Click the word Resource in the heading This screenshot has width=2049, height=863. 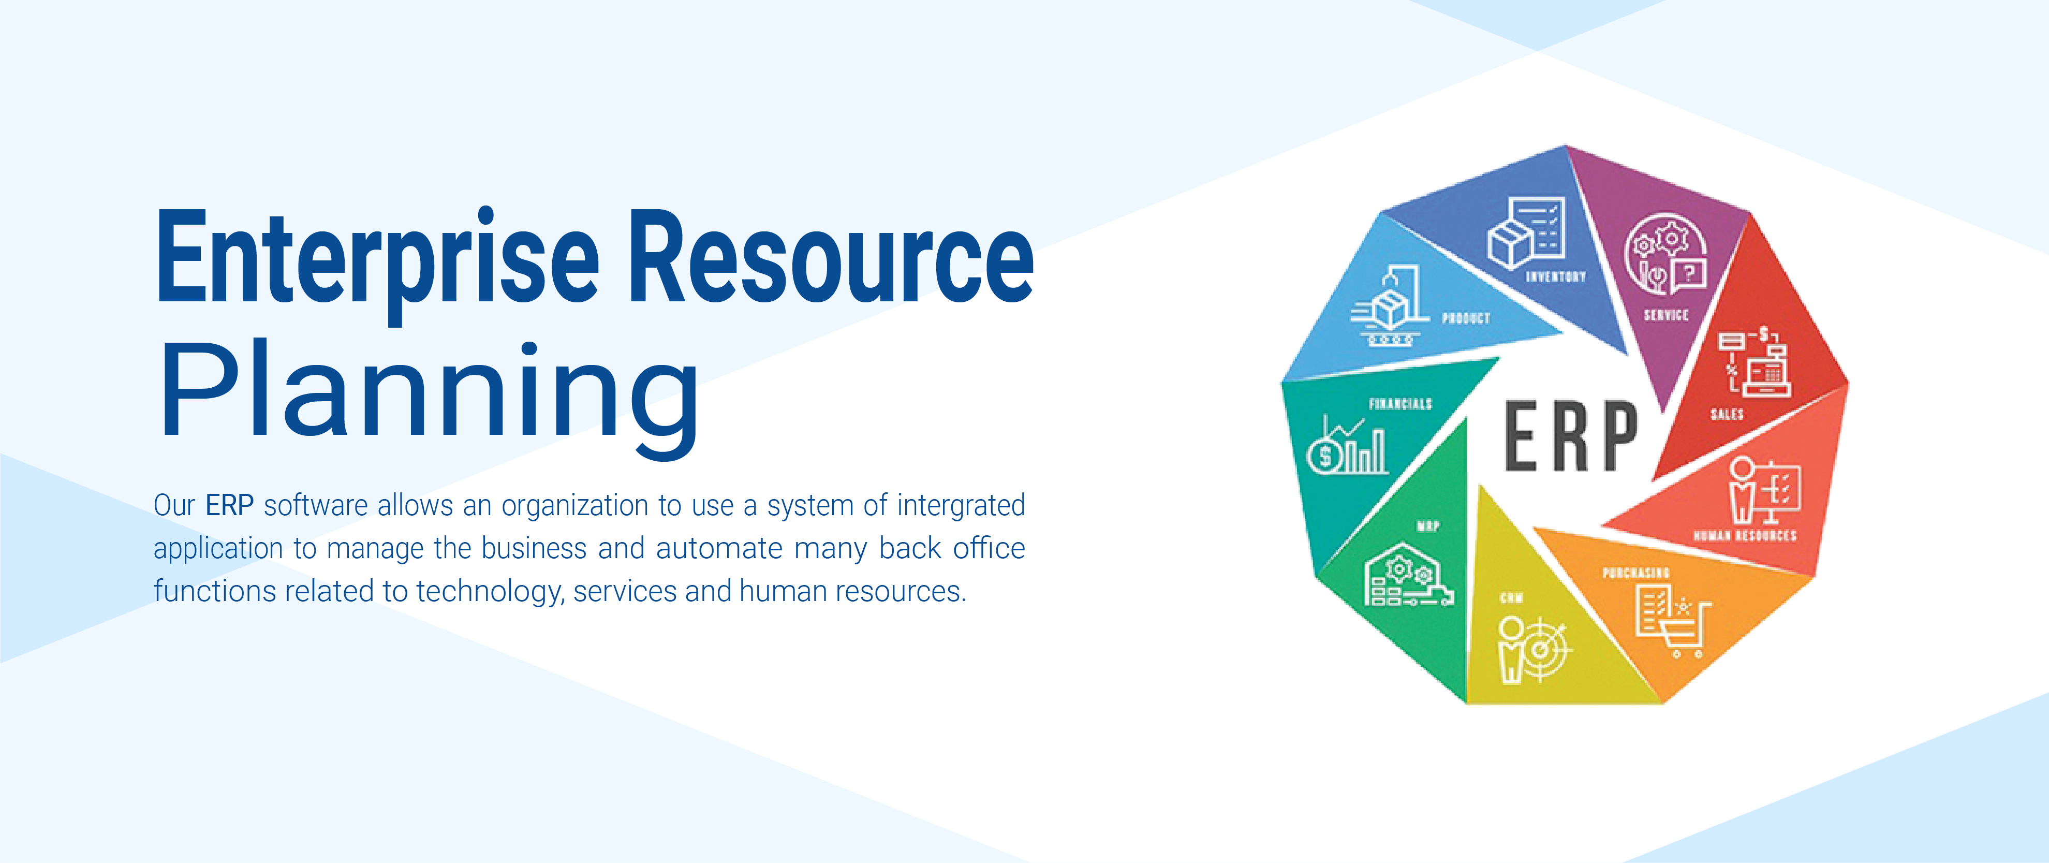[x=831, y=257]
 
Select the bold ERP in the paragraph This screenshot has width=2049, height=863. [x=229, y=505]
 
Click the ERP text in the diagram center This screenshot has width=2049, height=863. [x=1570, y=436]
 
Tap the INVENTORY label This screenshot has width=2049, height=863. [x=1555, y=277]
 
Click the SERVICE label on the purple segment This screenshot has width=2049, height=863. [x=1665, y=315]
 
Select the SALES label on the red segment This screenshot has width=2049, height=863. [x=1727, y=414]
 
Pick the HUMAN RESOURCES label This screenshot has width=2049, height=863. [x=1744, y=536]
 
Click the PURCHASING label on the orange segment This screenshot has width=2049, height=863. [x=1635, y=573]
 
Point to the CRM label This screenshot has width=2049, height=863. [x=1511, y=598]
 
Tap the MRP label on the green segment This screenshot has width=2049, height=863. [x=1428, y=526]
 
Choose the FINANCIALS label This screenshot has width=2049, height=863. [x=1400, y=404]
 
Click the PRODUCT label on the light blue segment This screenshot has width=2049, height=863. [x=1465, y=318]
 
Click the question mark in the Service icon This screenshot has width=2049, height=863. [x=1690, y=274]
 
